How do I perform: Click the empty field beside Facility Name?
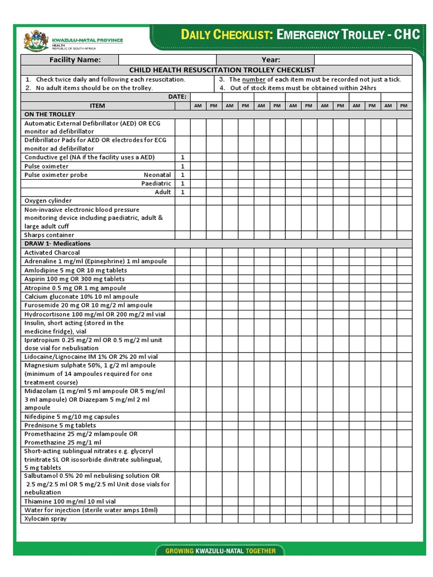pos(167,60)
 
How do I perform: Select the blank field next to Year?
pos(363,60)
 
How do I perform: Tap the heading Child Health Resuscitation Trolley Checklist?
pos(222,70)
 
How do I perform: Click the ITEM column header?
pos(98,105)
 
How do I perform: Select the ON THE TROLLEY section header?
pos(50,114)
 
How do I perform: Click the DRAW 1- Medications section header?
pos(57,243)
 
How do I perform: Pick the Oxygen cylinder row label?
pos(48,201)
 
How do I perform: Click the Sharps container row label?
pos(49,235)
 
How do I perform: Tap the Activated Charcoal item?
pos(52,252)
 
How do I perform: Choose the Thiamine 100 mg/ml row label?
pos(70,501)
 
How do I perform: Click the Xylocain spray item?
pos(45,518)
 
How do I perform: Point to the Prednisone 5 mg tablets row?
pos(60,425)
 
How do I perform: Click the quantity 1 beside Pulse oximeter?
pos(182,166)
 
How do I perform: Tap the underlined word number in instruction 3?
pos(253,79)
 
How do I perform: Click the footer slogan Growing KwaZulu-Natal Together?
pos(220,551)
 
